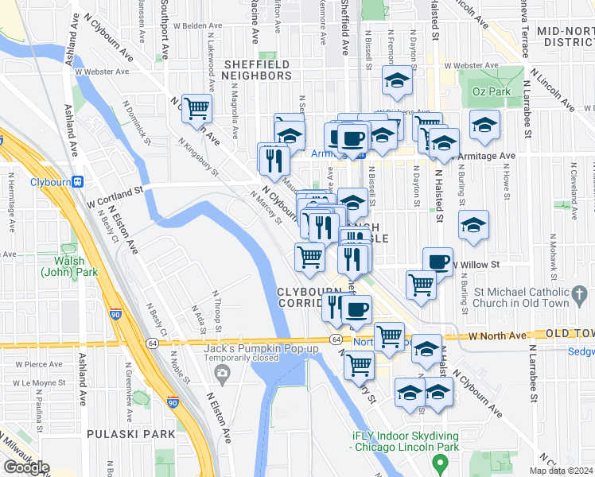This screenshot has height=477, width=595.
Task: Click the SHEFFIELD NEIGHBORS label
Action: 258,76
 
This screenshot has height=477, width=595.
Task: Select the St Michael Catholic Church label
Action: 534,297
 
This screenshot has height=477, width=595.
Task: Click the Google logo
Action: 26,467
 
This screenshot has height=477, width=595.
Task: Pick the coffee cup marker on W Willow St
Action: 437,262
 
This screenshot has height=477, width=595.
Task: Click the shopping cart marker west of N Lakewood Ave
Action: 196,107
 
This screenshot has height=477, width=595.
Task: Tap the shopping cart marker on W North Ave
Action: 389,336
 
